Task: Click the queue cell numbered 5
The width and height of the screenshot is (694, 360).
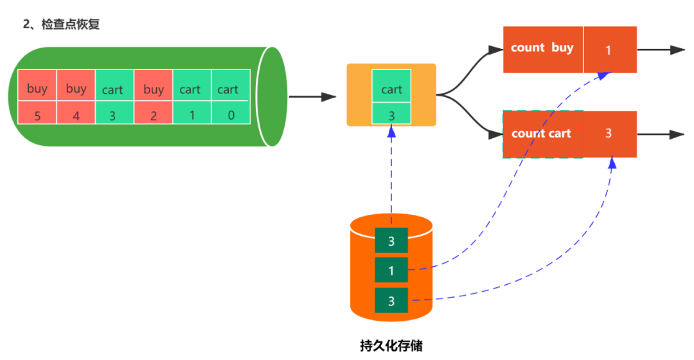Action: tap(37, 115)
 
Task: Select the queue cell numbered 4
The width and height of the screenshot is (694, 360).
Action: tap(76, 115)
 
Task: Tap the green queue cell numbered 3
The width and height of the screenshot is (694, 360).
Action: tap(114, 115)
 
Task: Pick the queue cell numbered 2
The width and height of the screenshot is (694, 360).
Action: tap(153, 115)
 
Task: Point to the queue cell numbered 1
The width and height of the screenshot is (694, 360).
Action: tap(191, 115)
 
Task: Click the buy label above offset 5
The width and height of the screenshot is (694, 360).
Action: tap(37, 89)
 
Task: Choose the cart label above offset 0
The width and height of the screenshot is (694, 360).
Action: tap(228, 89)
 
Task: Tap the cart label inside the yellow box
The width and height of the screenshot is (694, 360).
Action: tap(391, 89)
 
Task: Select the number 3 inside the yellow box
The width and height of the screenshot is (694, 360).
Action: tap(391, 115)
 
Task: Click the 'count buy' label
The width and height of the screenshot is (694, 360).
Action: tap(542, 48)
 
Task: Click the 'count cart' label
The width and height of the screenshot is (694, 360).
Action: tap(542, 134)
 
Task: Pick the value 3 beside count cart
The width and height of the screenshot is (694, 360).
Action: tap(609, 134)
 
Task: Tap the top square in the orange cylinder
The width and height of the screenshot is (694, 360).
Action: tap(391, 241)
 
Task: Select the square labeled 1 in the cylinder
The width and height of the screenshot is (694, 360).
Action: tap(391, 271)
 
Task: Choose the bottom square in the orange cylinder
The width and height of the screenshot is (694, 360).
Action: tap(391, 300)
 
